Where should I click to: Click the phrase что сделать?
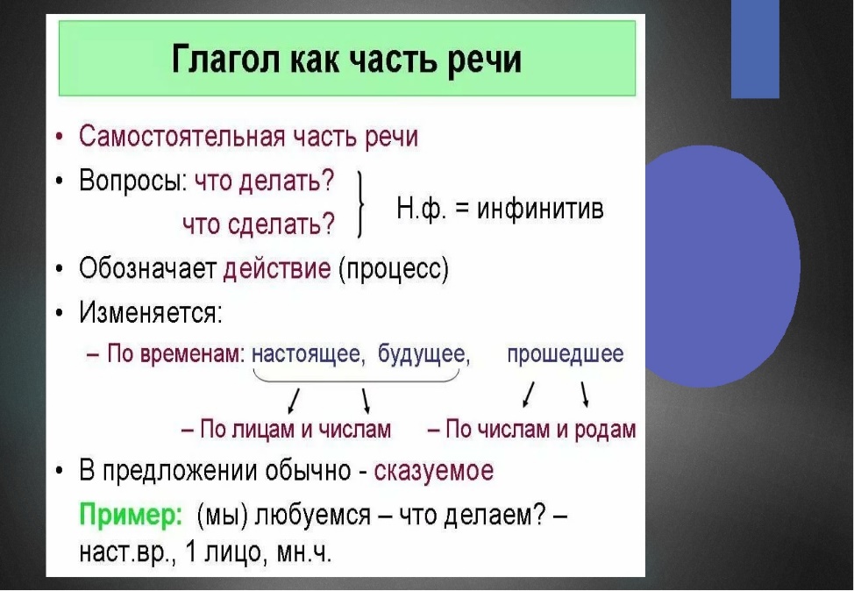point(259,224)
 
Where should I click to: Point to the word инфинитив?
point(540,209)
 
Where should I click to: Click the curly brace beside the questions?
point(360,204)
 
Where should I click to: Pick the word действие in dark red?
point(277,268)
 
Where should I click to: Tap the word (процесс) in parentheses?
point(393,268)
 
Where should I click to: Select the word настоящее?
point(306,354)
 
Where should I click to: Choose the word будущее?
point(422,354)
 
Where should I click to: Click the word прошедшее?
point(566,354)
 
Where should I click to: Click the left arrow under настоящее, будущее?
point(294,401)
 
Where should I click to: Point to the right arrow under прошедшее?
point(585,395)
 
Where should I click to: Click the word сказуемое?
point(433,471)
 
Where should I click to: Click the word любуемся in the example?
point(313,515)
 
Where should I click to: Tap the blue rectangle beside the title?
point(755,49)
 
